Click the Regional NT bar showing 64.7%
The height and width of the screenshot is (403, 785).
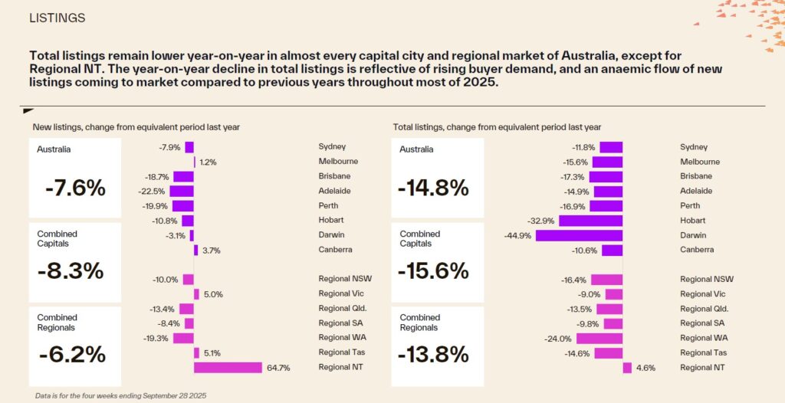click(x=228, y=368)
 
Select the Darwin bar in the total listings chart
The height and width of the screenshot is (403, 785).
click(x=579, y=235)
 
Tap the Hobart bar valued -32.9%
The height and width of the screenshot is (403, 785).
click(x=591, y=221)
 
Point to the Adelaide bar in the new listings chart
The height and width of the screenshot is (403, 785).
click(x=182, y=192)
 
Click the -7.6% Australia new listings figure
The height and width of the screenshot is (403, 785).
click(x=75, y=188)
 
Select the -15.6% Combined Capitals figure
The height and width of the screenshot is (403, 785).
click(x=434, y=272)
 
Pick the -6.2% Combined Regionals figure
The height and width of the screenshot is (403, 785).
click(x=72, y=355)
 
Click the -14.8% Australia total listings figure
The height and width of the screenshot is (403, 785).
click(x=434, y=188)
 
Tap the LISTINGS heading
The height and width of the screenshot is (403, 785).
click(x=57, y=18)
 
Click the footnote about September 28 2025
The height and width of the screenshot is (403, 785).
click(x=120, y=395)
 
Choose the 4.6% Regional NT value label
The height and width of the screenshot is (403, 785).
click(x=645, y=368)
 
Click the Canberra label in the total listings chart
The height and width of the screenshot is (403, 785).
click(x=697, y=250)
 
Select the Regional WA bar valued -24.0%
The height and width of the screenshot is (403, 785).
click(x=599, y=339)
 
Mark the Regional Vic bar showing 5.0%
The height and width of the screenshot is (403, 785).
click(x=196, y=294)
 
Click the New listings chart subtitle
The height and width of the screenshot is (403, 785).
click(x=136, y=127)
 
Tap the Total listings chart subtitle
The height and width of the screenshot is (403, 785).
click(x=497, y=127)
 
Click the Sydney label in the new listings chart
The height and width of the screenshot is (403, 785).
click(x=333, y=147)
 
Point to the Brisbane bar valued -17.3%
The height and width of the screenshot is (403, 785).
click(x=606, y=177)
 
